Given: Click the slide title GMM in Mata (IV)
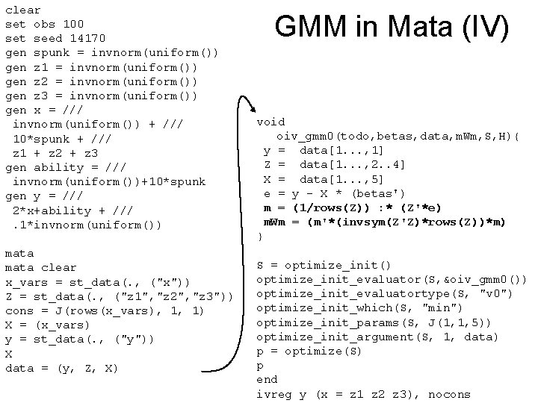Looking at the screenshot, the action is [x=392, y=28].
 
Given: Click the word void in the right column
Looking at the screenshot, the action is [x=270, y=122].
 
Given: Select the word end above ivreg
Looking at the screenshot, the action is [x=267, y=380].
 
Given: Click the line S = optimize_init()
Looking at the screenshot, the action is [x=324, y=265].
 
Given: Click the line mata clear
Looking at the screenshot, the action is [x=41, y=267].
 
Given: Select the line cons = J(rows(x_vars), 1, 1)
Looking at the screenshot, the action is [x=105, y=310].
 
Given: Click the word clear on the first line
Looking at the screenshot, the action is [x=23, y=10].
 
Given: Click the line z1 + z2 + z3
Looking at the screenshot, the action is [x=56, y=153].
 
